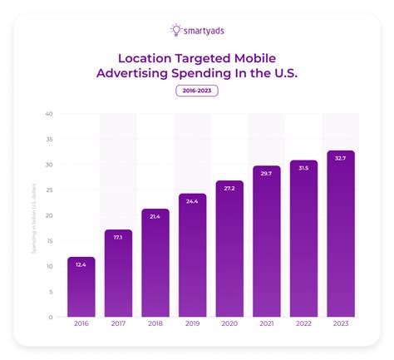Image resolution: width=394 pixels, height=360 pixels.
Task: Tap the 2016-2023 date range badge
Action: (x=197, y=91)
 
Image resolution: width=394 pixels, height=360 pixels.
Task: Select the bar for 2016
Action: (x=81, y=287)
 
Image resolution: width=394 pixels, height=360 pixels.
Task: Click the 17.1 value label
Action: (x=118, y=238)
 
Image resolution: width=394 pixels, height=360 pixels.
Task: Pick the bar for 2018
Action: (x=155, y=262)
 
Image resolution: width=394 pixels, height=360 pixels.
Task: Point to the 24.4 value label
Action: (x=192, y=201)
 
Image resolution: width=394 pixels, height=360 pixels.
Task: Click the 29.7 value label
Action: (x=266, y=173)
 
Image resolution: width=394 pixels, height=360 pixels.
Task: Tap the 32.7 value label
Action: (x=340, y=158)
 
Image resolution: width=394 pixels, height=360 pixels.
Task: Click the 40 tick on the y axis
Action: (x=49, y=114)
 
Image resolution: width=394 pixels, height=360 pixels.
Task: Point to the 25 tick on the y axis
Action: (x=49, y=190)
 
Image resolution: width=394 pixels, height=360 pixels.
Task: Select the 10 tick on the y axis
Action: (x=49, y=266)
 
